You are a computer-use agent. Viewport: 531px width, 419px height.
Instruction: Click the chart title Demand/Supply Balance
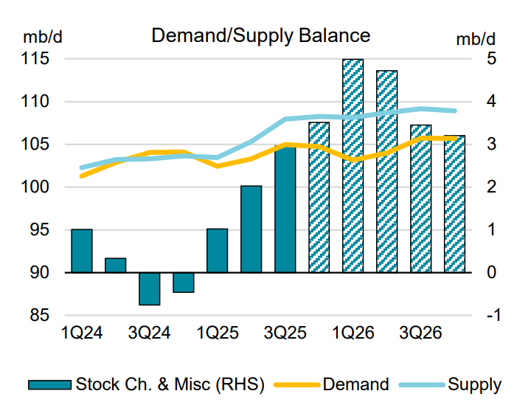pos(260,35)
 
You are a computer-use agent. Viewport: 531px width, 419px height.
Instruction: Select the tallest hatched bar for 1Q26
pos(353,166)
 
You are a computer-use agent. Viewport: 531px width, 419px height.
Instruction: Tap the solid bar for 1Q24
pos(82,251)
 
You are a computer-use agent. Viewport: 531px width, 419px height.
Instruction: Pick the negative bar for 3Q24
pos(150,288)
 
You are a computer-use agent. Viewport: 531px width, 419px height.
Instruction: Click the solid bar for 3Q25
pos(285,209)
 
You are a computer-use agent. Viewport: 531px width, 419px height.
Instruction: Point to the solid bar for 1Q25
pos(217,251)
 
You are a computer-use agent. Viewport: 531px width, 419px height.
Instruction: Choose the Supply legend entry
pos(474,384)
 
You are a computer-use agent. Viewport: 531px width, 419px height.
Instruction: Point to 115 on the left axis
pos(37,59)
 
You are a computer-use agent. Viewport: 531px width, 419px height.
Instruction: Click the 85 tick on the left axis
pos(41,316)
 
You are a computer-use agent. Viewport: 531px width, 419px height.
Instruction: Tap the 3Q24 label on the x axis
pos(150,333)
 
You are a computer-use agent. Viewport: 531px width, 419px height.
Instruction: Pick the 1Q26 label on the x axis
pos(353,333)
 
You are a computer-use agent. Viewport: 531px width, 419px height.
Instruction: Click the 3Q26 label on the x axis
pos(420,333)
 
